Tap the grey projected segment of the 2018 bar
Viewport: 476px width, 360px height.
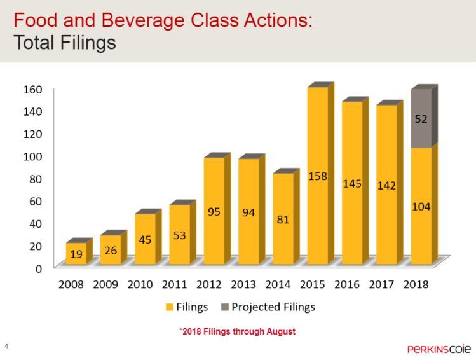(421, 118)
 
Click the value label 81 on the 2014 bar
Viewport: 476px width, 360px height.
(283, 219)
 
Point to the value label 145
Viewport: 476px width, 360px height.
(352, 184)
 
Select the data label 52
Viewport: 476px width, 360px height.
(421, 119)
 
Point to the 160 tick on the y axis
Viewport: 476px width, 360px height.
(33, 88)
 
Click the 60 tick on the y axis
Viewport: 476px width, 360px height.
(36, 200)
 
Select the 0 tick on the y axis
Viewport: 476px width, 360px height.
(39, 268)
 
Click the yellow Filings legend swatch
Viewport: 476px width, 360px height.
(169, 307)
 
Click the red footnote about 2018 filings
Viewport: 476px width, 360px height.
(236, 331)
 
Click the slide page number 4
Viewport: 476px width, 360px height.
(6, 345)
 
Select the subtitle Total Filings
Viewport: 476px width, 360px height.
(65, 43)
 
